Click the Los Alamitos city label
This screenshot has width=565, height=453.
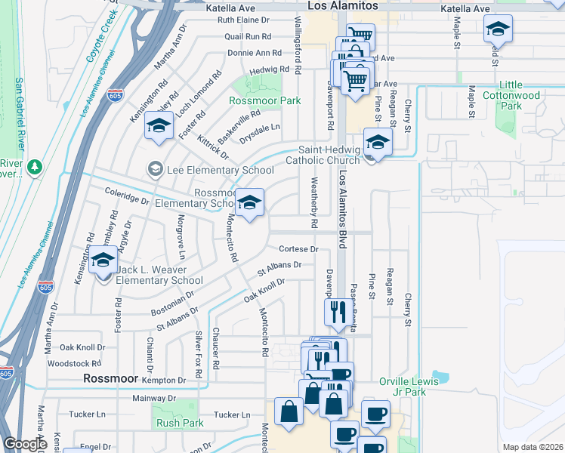click(342, 6)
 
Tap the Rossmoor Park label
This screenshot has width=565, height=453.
click(265, 100)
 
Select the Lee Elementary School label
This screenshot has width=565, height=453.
click(210, 170)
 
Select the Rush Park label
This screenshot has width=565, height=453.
click(178, 423)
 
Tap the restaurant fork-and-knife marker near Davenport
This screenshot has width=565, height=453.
click(336, 310)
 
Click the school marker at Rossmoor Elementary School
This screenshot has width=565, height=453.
click(250, 203)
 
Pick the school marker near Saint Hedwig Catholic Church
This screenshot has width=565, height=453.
click(378, 141)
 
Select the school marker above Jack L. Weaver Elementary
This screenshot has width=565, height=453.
click(103, 260)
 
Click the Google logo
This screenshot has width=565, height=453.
click(26, 444)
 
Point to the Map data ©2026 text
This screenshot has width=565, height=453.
click(533, 447)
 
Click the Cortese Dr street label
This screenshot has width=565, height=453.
click(299, 248)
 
